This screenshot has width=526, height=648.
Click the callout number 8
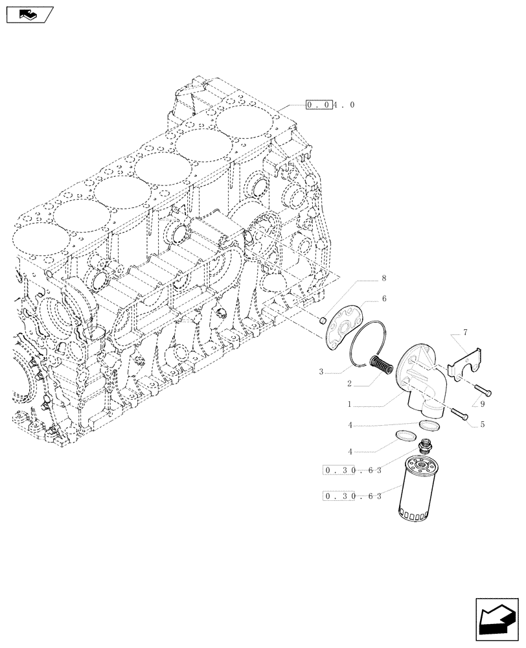(383, 278)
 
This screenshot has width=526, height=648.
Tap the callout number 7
(464, 332)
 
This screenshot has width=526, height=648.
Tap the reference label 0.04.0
(330, 104)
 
